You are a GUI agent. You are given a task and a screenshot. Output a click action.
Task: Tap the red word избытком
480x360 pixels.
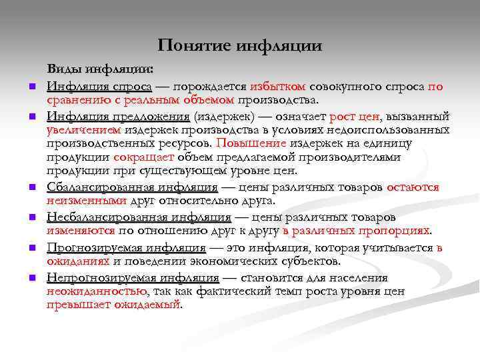click(278, 87)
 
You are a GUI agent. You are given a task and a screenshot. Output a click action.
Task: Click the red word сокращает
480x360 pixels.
click(144, 157)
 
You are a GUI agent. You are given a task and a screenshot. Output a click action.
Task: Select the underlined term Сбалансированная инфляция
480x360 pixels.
click(132, 187)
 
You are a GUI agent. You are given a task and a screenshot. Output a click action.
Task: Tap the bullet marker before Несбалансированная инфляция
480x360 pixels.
click(31, 217)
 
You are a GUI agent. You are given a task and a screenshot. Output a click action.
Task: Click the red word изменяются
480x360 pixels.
click(81, 230)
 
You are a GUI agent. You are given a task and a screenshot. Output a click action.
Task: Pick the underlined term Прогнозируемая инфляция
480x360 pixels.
click(126, 247)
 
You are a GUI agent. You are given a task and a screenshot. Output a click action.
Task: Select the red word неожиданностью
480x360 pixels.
click(97, 291)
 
